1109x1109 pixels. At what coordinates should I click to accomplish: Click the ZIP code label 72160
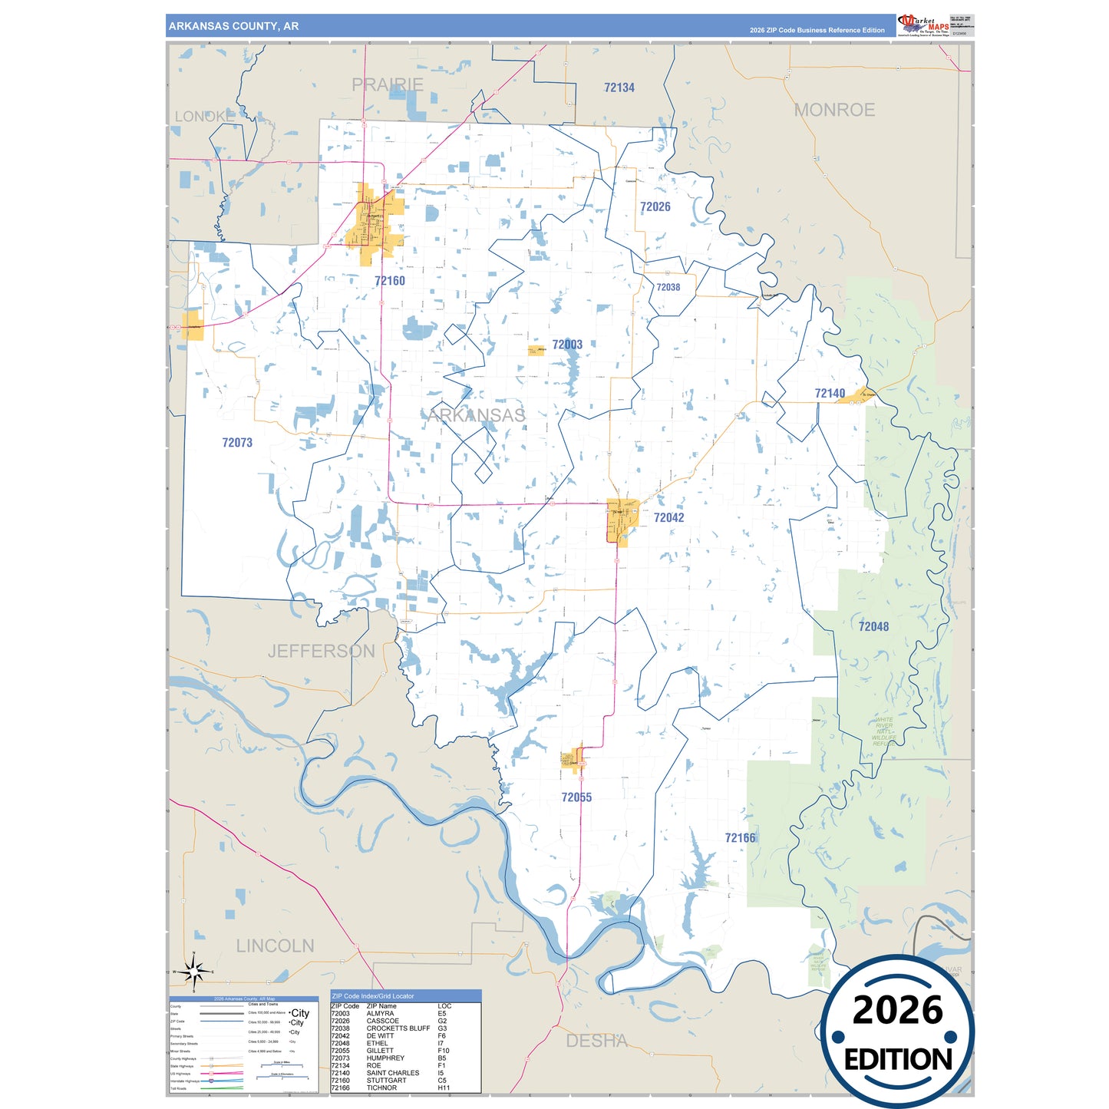[390, 281]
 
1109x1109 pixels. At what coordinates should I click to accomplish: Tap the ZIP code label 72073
[237, 443]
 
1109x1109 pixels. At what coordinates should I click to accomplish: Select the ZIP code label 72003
[567, 345]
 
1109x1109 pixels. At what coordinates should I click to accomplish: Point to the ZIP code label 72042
[668, 518]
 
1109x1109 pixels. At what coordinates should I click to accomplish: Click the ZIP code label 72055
[576, 797]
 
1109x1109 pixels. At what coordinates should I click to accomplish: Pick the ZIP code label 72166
[740, 838]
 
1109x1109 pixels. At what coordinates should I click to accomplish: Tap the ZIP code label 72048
[873, 627]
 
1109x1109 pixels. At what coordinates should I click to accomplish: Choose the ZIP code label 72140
[830, 394]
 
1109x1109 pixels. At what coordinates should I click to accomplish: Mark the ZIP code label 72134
[619, 88]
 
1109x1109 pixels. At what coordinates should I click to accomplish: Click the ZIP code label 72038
[668, 288]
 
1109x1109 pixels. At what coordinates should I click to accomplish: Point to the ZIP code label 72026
[655, 207]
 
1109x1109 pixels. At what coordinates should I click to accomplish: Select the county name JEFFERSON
[322, 652]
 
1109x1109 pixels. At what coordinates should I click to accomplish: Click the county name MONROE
[834, 111]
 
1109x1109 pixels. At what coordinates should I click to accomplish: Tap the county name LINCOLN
[275, 946]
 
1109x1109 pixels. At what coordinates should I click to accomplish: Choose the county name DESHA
[596, 1041]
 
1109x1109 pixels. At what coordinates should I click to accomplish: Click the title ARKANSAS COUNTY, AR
[234, 26]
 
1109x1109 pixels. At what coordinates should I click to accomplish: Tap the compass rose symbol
[193, 972]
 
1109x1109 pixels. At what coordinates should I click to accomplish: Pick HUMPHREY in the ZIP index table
[385, 1058]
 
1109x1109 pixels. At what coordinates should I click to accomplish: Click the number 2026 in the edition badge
[897, 1011]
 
